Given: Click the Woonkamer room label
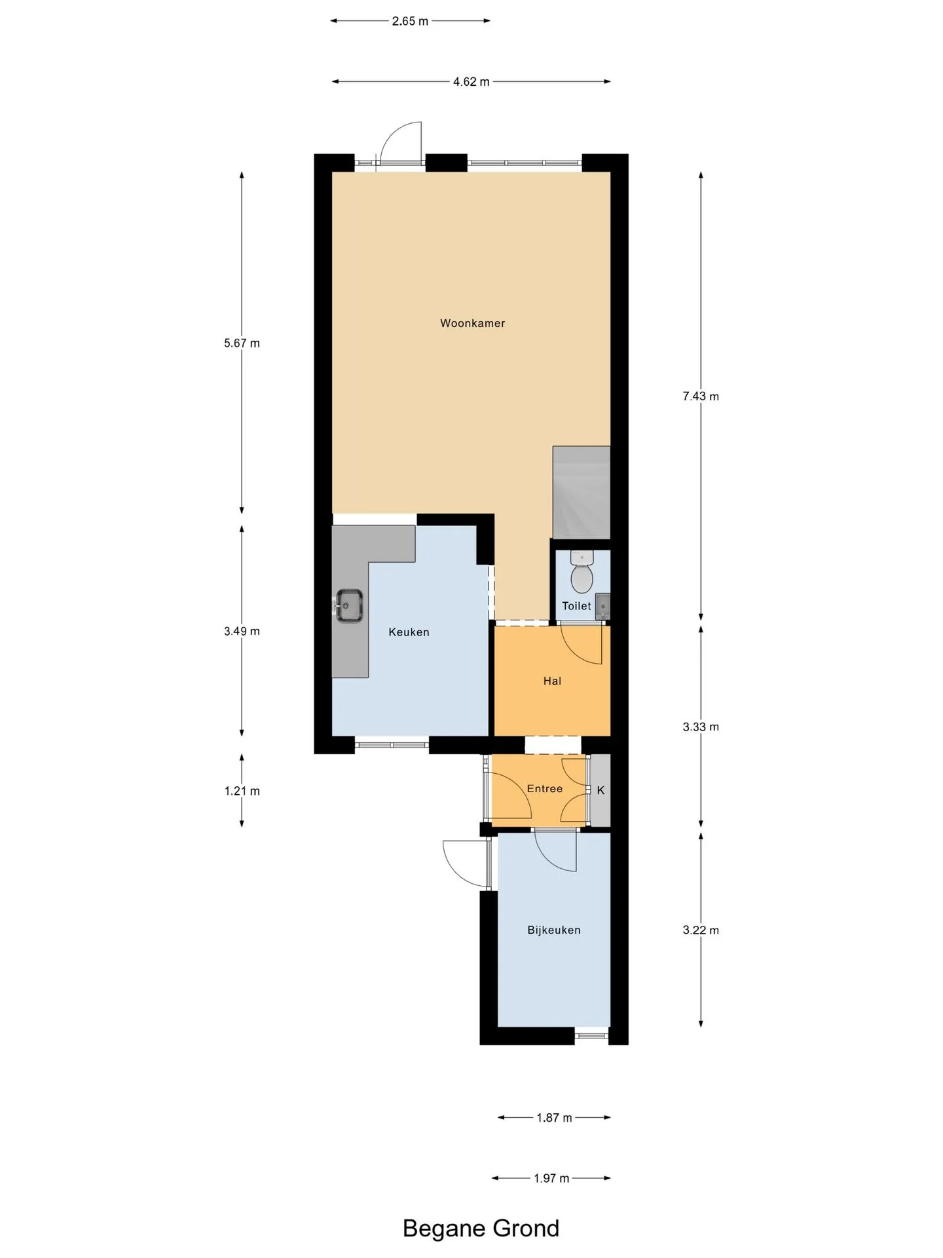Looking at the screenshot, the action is point(472,323).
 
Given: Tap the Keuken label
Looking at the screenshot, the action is point(409,632).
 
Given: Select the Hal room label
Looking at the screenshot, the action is point(552,681).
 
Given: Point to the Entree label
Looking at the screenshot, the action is point(545,789).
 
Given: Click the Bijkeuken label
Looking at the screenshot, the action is point(554,930).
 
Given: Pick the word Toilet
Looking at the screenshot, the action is point(576,606).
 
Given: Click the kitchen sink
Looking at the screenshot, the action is point(350,606).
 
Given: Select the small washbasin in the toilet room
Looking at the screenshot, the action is point(602,606).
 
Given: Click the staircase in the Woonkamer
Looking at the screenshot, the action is point(582,493).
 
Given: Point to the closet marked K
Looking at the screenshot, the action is point(601,790).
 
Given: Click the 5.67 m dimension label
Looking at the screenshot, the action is point(242,343).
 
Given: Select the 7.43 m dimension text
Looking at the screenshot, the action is point(701,396).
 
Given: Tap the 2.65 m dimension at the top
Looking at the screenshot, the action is point(410,21).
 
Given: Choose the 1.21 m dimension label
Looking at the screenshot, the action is point(242,791).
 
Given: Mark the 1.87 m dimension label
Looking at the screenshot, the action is point(554,1118).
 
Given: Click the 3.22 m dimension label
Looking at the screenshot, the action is point(701,930).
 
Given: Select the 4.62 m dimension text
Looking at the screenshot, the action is point(471,82).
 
